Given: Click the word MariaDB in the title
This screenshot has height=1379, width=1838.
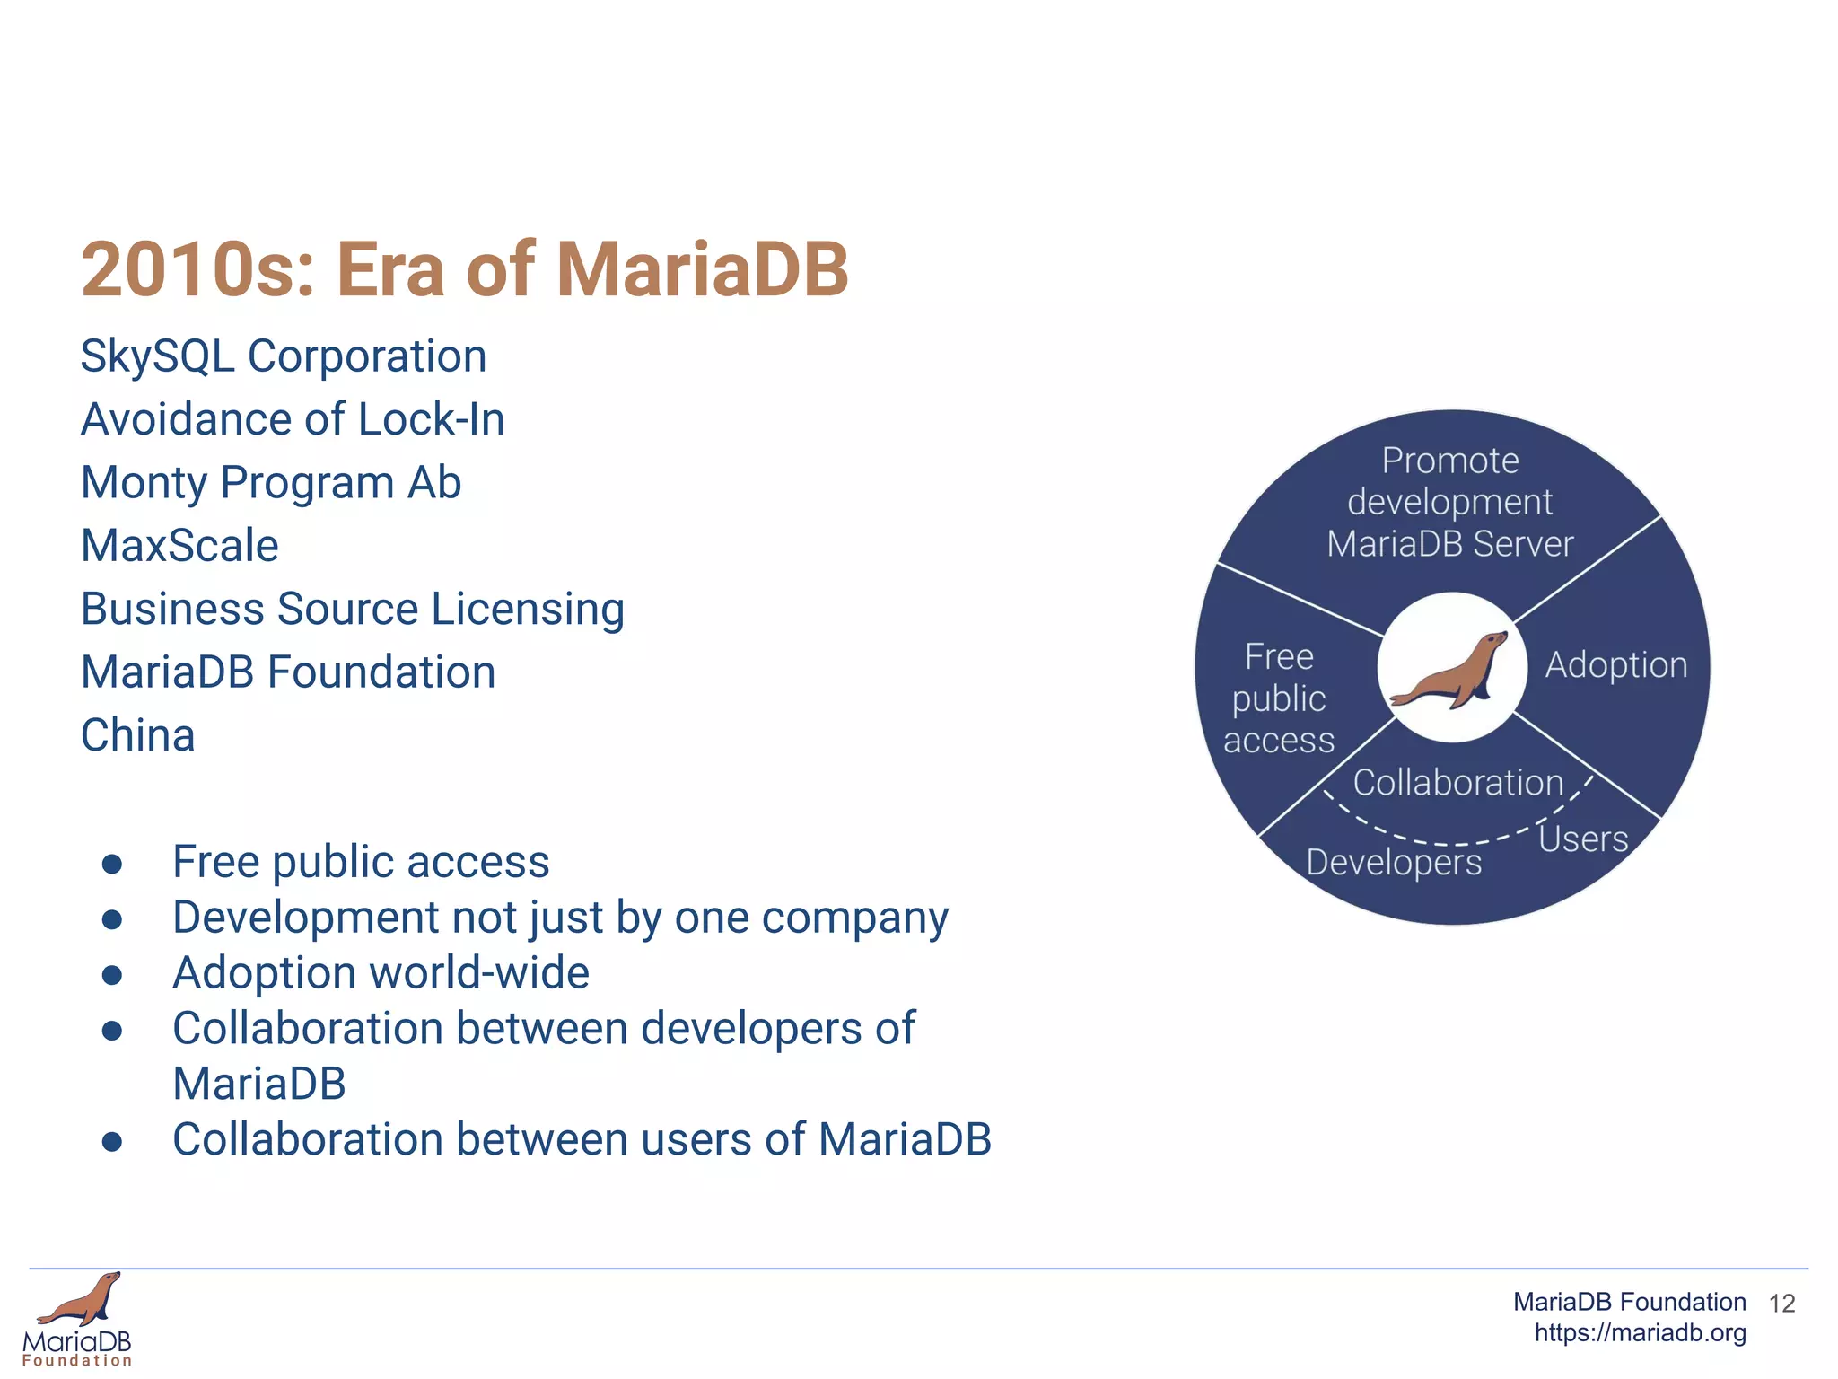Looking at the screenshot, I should (x=702, y=269).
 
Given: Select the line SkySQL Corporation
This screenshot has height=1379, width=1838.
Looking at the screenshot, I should (x=284, y=356).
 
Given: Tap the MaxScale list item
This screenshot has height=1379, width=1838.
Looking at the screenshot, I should (x=179, y=546).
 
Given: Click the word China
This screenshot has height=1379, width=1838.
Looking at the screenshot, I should (x=137, y=735).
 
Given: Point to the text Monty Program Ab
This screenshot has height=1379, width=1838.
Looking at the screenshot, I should (x=271, y=483).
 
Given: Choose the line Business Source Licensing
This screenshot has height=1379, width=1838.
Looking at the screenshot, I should (x=353, y=609).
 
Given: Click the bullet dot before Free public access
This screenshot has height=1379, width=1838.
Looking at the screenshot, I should (x=112, y=864).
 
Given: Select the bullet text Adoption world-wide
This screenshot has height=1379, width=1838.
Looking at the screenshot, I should (x=381, y=973).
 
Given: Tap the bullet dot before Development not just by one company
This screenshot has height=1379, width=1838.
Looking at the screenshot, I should (x=112, y=919).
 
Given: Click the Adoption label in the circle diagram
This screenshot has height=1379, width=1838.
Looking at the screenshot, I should (x=1616, y=665).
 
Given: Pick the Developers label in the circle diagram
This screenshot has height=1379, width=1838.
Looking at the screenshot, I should (x=1394, y=863).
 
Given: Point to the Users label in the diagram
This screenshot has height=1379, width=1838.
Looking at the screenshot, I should (x=1583, y=839).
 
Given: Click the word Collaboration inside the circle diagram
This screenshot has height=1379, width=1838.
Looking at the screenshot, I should (x=1458, y=783).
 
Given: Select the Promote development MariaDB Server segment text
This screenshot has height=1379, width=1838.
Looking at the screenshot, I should (x=1450, y=503).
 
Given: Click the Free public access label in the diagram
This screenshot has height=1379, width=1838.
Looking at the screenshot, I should (x=1279, y=698).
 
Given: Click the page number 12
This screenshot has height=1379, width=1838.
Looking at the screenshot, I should (x=1781, y=1304).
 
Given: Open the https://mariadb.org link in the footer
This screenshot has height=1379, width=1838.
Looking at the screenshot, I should (x=1640, y=1333).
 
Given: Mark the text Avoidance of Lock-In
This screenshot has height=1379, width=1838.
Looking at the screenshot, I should (x=293, y=420).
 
